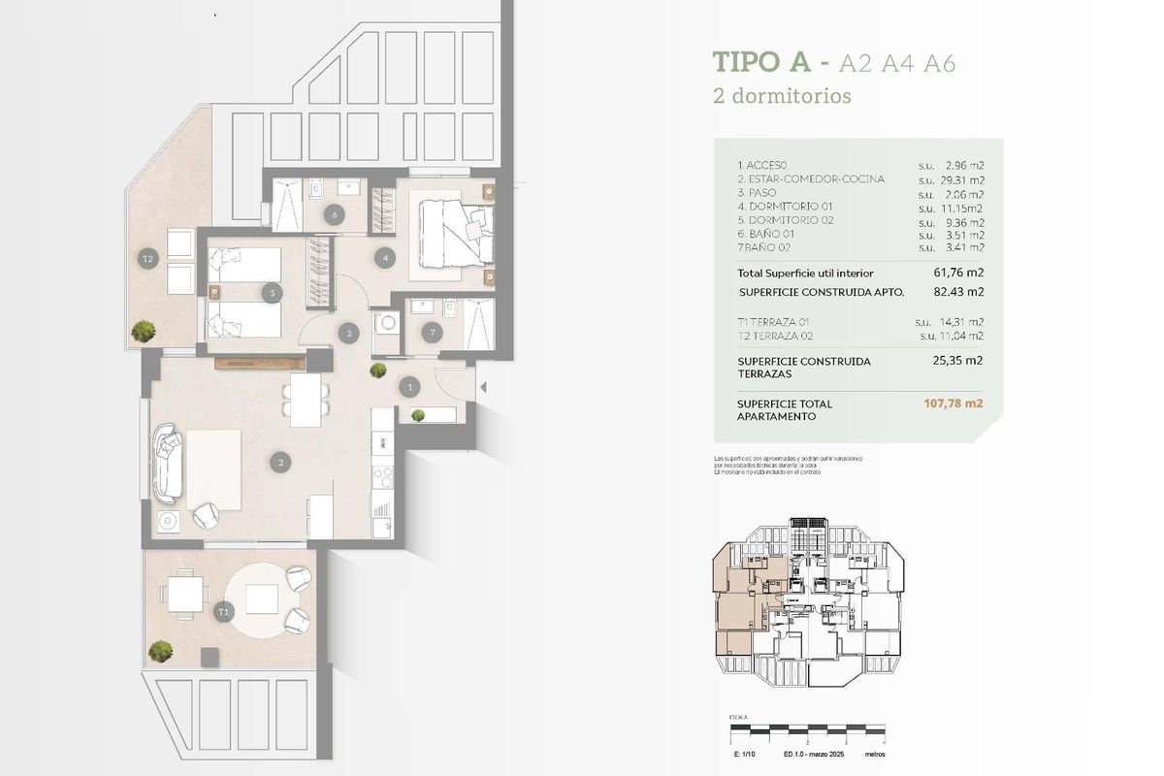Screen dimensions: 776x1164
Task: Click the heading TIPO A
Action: pyautogui.click(x=761, y=63)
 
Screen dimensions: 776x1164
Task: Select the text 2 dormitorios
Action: pyautogui.click(x=782, y=97)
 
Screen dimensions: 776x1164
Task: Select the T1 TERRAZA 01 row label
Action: pyautogui.click(x=773, y=322)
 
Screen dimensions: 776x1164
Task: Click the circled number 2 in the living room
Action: pyautogui.click(x=281, y=463)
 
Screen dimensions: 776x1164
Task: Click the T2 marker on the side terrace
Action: pyautogui.click(x=147, y=259)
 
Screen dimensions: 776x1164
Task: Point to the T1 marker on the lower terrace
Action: pyautogui.click(x=223, y=612)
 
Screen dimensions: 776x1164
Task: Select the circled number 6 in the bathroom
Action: pyautogui.click(x=335, y=214)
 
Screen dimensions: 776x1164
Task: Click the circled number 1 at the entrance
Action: pyautogui.click(x=410, y=387)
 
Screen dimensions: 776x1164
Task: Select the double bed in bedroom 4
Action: pyautogui.click(x=454, y=230)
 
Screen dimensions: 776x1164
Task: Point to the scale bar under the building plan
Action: pyautogui.click(x=806, y=727)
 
